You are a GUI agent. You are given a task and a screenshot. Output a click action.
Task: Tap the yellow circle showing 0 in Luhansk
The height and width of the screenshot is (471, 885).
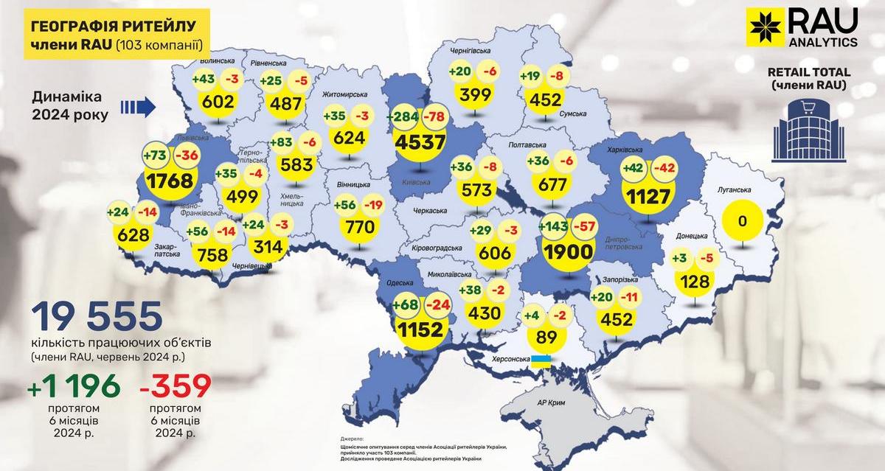coord(743,220)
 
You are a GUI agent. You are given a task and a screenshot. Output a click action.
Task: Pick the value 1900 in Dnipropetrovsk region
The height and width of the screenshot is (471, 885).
coord(567,251)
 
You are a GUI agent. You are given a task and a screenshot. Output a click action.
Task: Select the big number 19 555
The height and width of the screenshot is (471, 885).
coord(97,317)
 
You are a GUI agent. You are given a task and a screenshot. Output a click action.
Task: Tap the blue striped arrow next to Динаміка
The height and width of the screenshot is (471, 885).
coord(137,108)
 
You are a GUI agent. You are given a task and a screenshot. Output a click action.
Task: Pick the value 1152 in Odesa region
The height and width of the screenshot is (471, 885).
coord(422,329)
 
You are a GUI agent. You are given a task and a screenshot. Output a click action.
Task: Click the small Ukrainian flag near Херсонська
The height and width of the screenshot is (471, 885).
coord(542,361)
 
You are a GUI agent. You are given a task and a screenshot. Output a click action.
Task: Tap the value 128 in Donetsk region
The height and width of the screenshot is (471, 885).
coord(695,281)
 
